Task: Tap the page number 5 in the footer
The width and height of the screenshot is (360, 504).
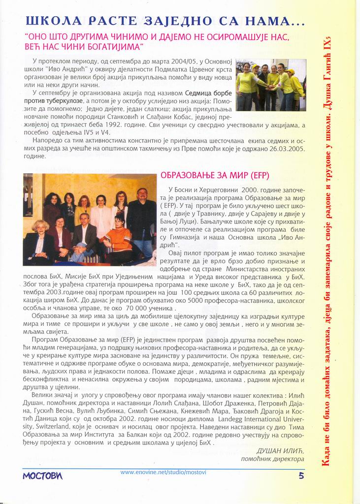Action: pos(301,475)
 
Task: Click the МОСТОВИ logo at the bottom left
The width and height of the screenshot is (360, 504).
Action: pos(43,476)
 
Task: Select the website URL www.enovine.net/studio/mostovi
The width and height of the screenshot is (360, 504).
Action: pos(163,472)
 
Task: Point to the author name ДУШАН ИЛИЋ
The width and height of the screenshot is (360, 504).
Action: pos(281,451)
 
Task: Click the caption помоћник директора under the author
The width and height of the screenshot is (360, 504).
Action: pos(272,459)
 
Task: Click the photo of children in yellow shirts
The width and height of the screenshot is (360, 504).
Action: pos(271,84)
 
